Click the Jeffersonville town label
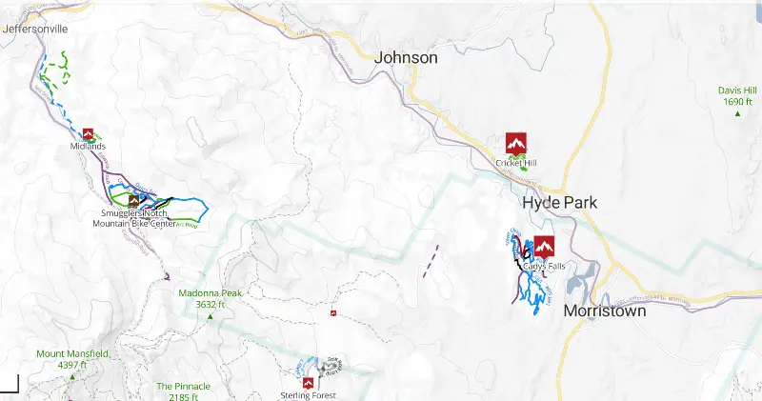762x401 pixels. (x=35, y=30)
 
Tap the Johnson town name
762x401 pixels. (x=406, y=58)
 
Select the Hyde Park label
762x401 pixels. (x=559, y=203)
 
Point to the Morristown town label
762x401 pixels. (x=605, y=311)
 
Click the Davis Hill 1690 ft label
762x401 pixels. (x=737, y=96)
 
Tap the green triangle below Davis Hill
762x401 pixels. (x=737, y=114)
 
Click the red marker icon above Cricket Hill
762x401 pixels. (x=516, y=143)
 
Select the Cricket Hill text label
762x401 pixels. (x=516, y=163)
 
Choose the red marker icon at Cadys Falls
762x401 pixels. (x=544, y=247)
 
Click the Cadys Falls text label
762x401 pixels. (x=544, y=266)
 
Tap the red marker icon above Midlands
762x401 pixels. (x=89, y=134)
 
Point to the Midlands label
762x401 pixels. (x=88, y=147)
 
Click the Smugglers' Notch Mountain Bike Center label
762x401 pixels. (x=134, y=219)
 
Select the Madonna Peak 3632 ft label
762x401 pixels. (x=211, y=299)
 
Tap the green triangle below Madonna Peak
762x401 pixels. (x=211, y=316)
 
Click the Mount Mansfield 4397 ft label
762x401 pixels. (x=72, y=359)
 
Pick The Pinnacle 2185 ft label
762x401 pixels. (x=183, y=391)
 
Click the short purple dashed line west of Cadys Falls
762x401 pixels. (x=430, y=261)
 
